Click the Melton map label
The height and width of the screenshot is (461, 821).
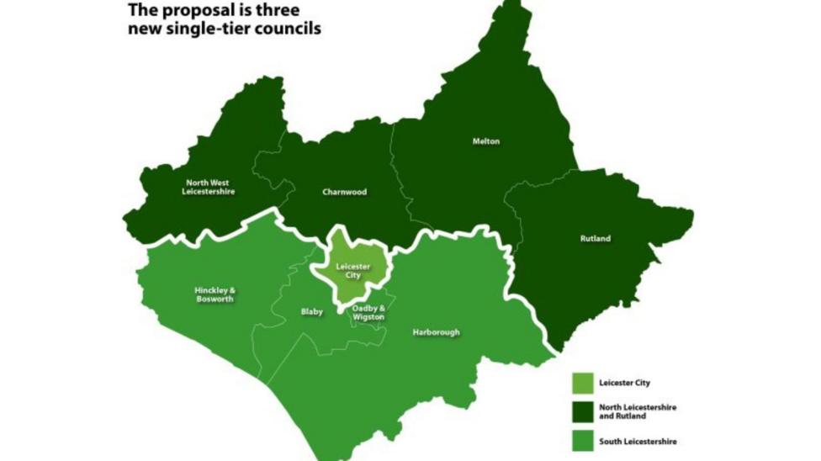coord(485,141)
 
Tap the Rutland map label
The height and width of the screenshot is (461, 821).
coord(596,239)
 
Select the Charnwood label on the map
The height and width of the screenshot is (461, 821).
coord(344,192)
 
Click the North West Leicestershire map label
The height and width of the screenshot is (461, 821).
coord(208,187)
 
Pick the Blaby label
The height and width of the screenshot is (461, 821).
coord(311,312)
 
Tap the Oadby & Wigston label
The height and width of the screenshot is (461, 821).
coord(368,312)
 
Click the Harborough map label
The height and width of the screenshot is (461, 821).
coord(436,332)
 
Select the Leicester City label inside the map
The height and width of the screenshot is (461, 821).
coord(352,271)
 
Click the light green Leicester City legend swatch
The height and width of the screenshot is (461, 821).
coord(581,383)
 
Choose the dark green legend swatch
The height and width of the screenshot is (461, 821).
coord(581,411)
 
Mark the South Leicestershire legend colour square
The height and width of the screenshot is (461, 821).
coord(581,441)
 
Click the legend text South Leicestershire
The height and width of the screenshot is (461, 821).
coord(638,441)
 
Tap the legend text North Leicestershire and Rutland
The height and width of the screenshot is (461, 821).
coord(637,411)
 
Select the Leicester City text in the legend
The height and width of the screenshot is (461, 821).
coord(624,383)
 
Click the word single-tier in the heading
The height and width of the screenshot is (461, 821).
coord(209,29)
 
